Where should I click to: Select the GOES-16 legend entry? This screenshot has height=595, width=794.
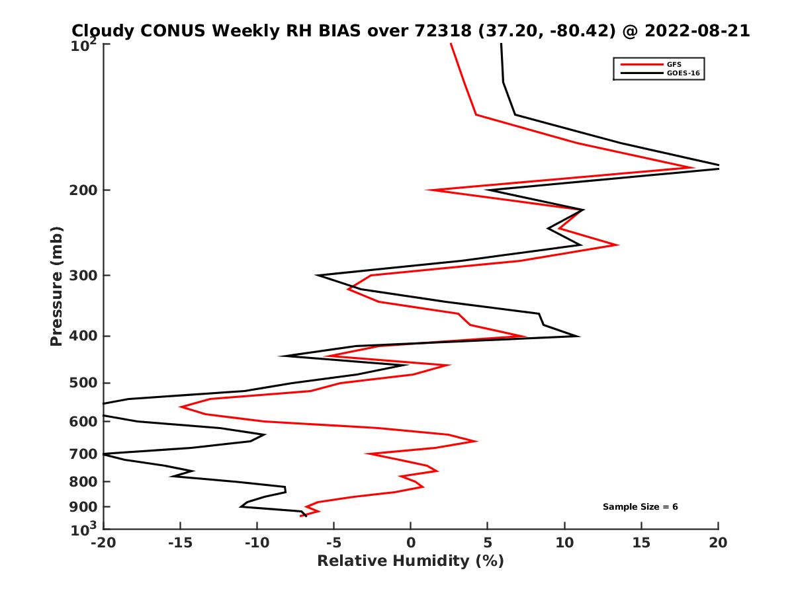point(683,73)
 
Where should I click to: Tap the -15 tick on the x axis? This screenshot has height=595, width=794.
point(180,543)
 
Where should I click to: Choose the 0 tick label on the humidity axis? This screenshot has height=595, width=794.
point(411,543)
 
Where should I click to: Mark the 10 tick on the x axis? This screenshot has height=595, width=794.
point(564,543)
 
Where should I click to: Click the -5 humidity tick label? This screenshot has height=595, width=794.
point(333,543)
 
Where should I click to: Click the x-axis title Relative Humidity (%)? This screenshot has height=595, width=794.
point(410,561)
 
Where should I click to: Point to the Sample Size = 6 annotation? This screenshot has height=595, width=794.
point(640,507)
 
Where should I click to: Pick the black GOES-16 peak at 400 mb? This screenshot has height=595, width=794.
point(579,336)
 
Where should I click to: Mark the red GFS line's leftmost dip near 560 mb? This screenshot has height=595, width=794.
point(181,407)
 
